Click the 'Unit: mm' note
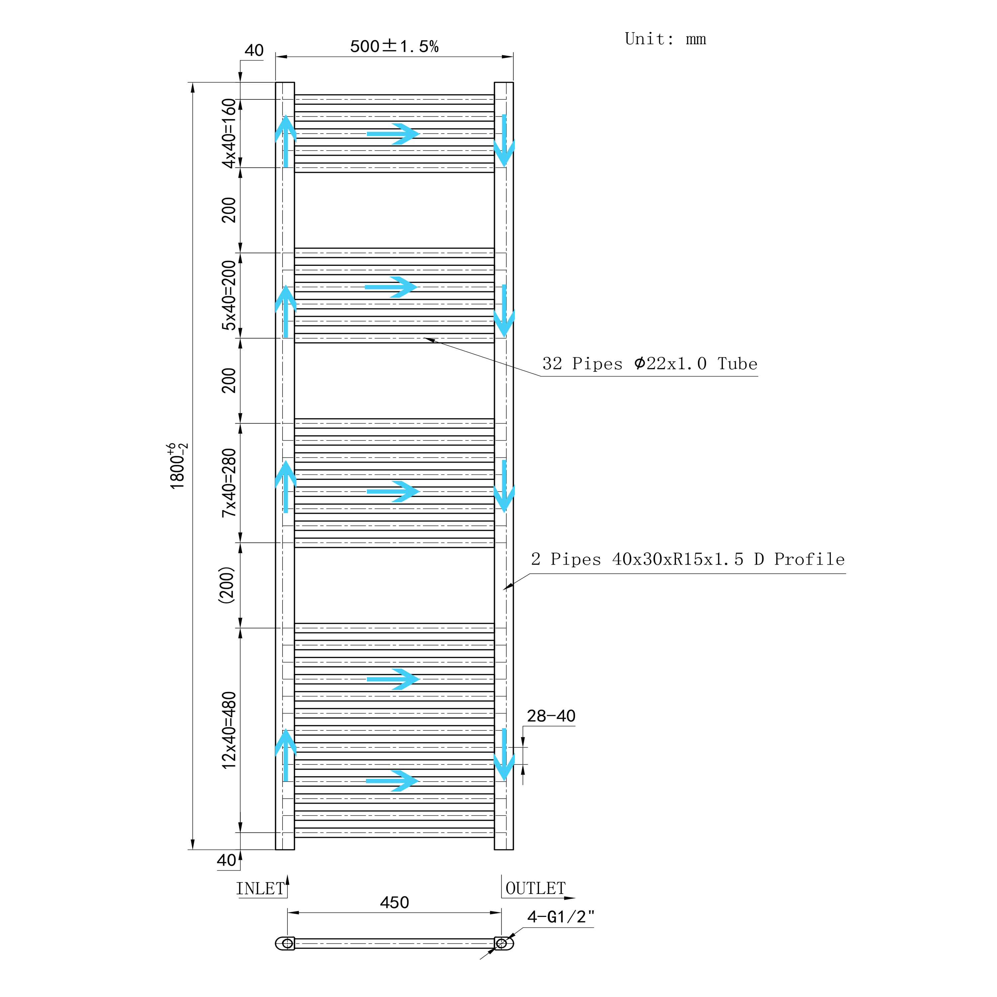coord(665,39)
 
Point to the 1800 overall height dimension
coord(178,466)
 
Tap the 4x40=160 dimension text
coord(229,133)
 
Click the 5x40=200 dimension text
coord(229,295)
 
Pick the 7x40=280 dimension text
coord(229,483)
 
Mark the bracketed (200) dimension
coord(227,585)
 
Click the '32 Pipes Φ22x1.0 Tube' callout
coord(650,364)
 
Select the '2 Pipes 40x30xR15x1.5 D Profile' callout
coord(688,559)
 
